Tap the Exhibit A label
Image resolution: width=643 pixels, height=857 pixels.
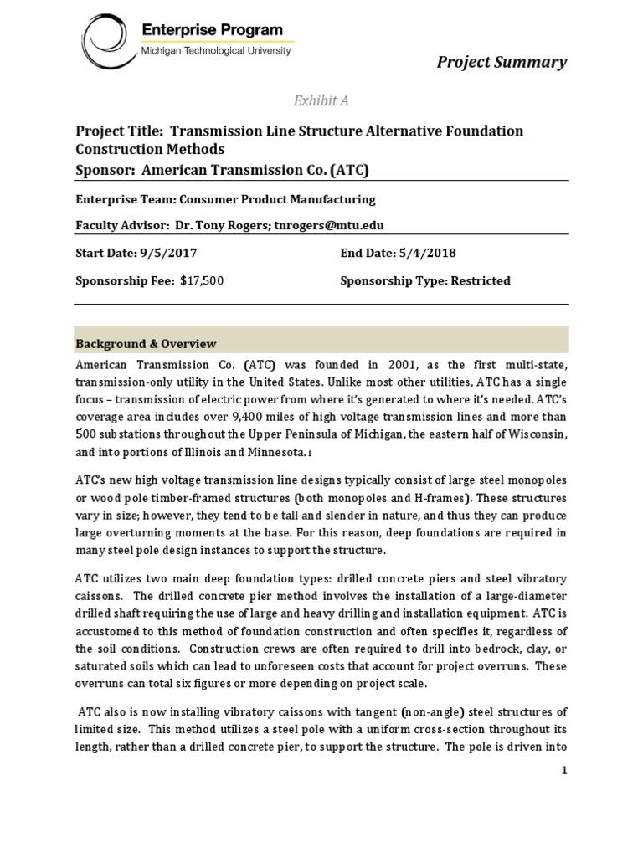pyautogui.click(x=321, y=101)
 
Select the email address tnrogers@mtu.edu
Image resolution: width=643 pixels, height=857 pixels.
pyautogui.click(x=330, y=226)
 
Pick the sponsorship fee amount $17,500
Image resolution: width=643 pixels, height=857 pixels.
pyautogui.click(x=202, y=281)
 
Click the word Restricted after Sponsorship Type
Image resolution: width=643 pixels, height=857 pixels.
pyautogui.click(x=481, y=281)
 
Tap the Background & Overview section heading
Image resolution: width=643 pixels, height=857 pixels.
pyautogui.click(x=147, y=344)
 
